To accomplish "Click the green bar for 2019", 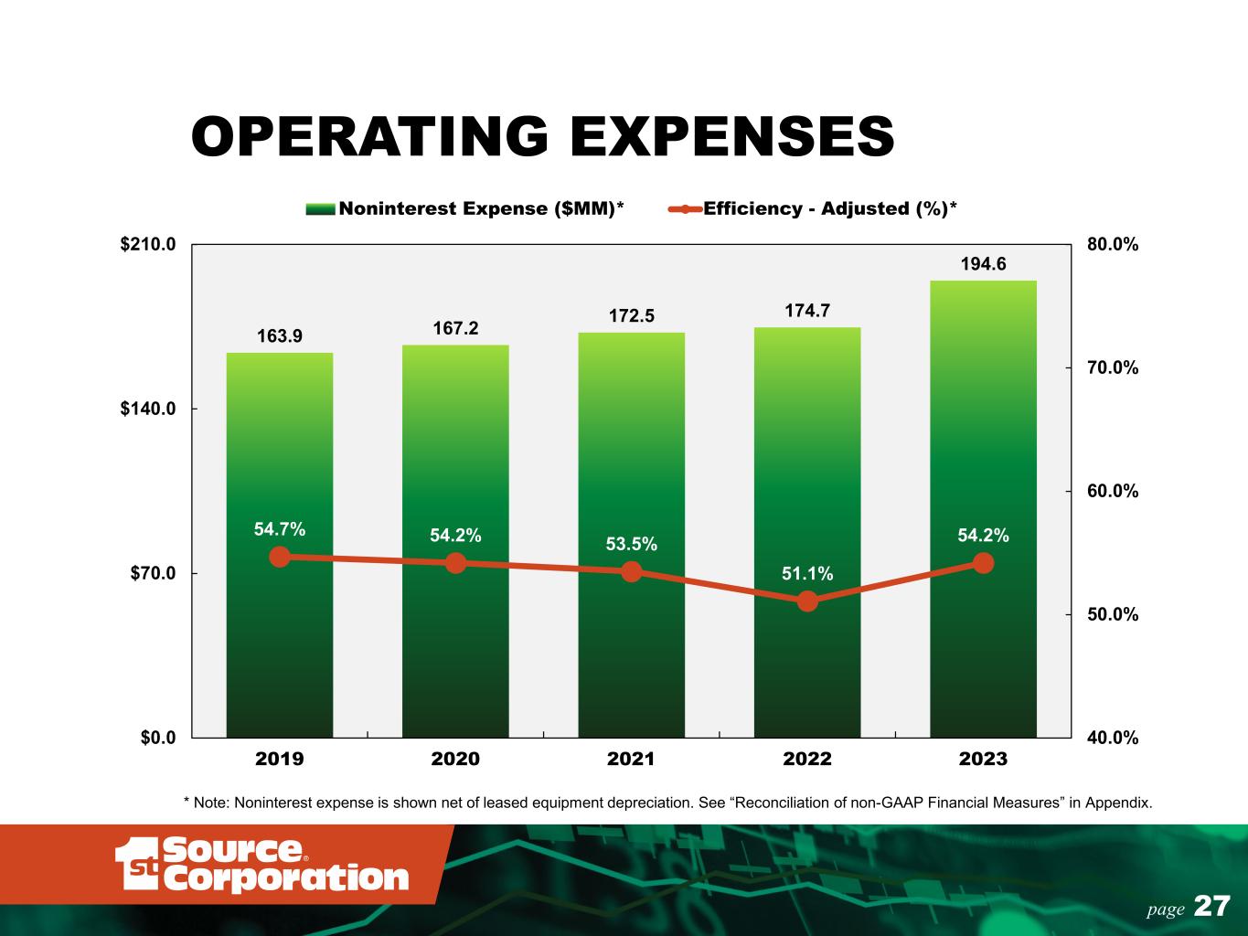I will click(x=280, y=457).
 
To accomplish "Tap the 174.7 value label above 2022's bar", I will click(x=807, y=311).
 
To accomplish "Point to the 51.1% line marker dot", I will click(x=807, y=601).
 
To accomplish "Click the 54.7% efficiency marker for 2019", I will click(x=280, y=557).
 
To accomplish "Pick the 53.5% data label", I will click(x=631, y=544).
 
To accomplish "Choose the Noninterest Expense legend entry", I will click(x=466, y=208).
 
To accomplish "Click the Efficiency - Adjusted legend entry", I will click(x=814, y=208).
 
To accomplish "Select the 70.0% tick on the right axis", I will click(x=1113, y=367).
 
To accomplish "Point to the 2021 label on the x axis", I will click(x=631, y=759).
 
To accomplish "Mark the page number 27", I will click(x=1212, y=907).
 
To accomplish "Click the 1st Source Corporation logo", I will click(x=261, y=864).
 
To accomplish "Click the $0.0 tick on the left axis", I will click(x=158, y=737).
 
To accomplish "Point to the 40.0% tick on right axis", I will click(x=1113, y=737).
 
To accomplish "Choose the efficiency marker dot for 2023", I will click(x=983, y=563).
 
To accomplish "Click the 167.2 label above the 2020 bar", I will click(x=455, y=328).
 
